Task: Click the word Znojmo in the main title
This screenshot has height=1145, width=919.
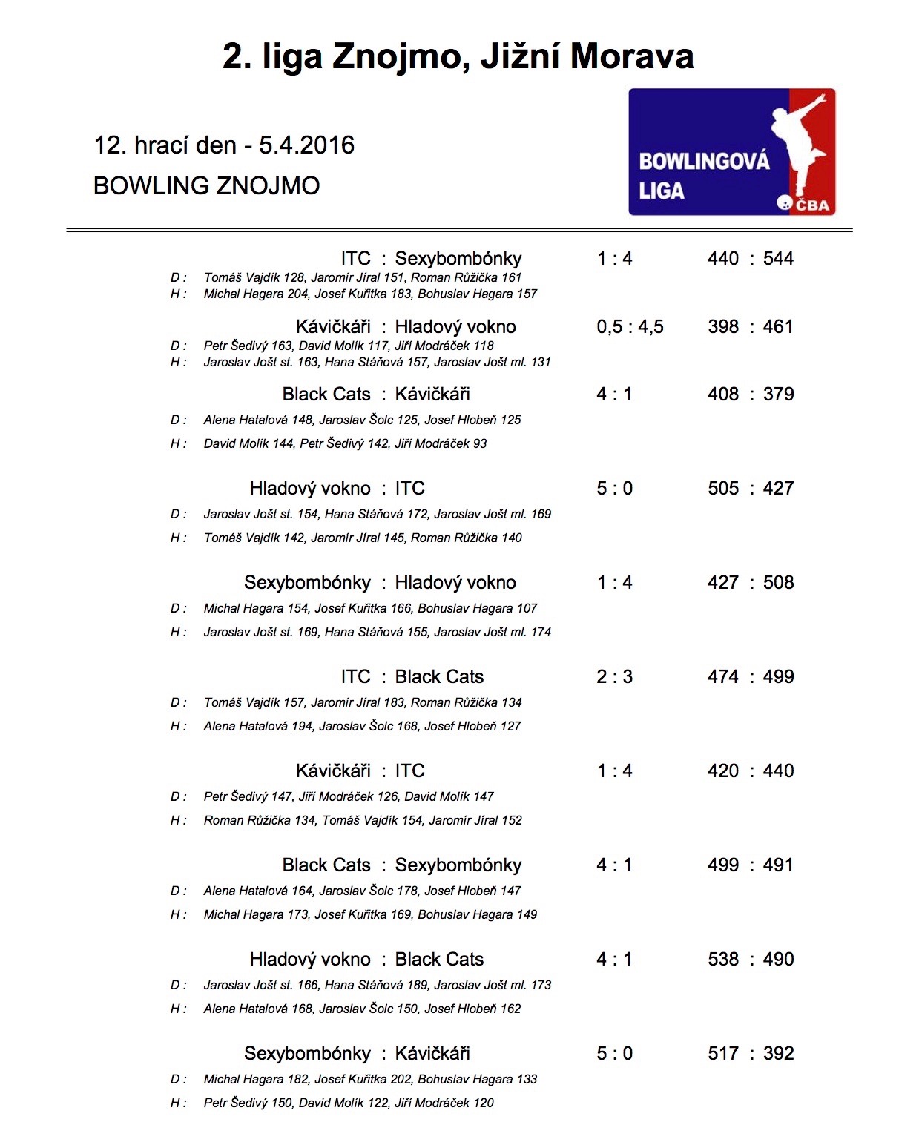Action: (401, 57)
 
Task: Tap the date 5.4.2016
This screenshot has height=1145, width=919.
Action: (306, 145)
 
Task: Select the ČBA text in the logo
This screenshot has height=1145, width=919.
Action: (812, 205)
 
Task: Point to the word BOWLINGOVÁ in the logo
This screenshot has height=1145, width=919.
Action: (704, 161)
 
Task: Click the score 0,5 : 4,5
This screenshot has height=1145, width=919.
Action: (630, 327)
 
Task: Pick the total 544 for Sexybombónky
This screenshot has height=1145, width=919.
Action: (778, 259)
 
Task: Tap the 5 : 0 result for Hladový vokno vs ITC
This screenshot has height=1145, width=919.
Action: (614, 489)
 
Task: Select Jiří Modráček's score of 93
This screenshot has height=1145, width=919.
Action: (480, 443)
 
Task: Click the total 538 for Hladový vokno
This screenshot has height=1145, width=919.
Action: (723, 960)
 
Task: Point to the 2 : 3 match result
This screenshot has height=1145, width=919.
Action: (614, 677)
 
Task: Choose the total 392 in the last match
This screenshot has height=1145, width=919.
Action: (778, 1054)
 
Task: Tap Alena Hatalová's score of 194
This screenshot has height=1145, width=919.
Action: (303, 726)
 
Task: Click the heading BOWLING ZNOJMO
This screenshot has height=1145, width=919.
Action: (206, 185)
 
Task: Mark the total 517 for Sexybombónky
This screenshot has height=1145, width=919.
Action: (723, 1054)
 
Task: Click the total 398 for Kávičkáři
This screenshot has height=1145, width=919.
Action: (723, 327)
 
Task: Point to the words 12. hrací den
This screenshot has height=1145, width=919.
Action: (165, 145)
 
